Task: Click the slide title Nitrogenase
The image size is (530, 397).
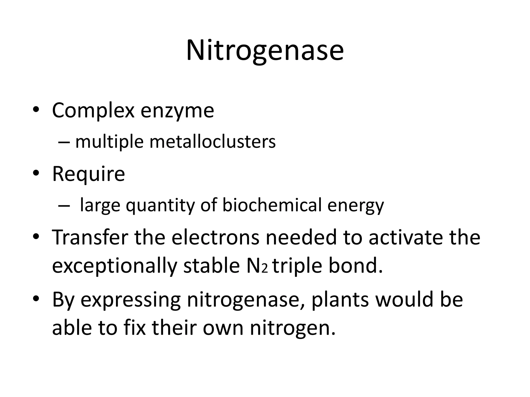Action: click(x=265, y=50)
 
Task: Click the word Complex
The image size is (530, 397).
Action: click(x=93, y=111)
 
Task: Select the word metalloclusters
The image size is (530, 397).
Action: click(x=212, y=142)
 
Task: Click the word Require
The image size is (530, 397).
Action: click(x=89, y=174)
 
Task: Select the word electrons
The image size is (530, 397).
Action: click(x=215, y=237)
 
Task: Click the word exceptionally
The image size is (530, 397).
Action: click(x=115, y=266)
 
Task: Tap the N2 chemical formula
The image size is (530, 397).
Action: click(x=256, y=266)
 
